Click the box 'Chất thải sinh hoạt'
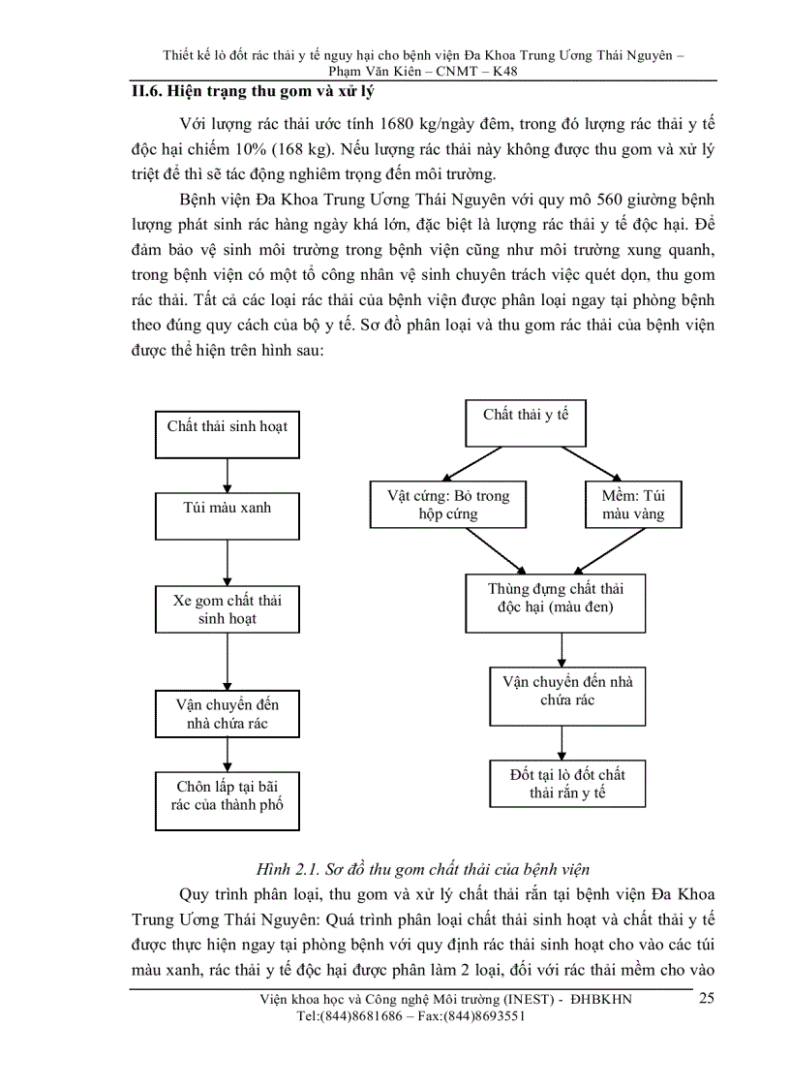coord(227,433)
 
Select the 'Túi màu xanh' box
coord(227,514)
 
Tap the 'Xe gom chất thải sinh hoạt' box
coord(227,609)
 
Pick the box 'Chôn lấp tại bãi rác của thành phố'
coord(227,800)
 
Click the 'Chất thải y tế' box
coord(526,421)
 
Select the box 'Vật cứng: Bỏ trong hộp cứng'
coord(447,505)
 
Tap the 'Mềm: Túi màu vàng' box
coord(633,505)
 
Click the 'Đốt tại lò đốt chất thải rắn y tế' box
coord(566,784)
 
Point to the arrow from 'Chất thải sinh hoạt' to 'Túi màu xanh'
coord(227,475)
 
